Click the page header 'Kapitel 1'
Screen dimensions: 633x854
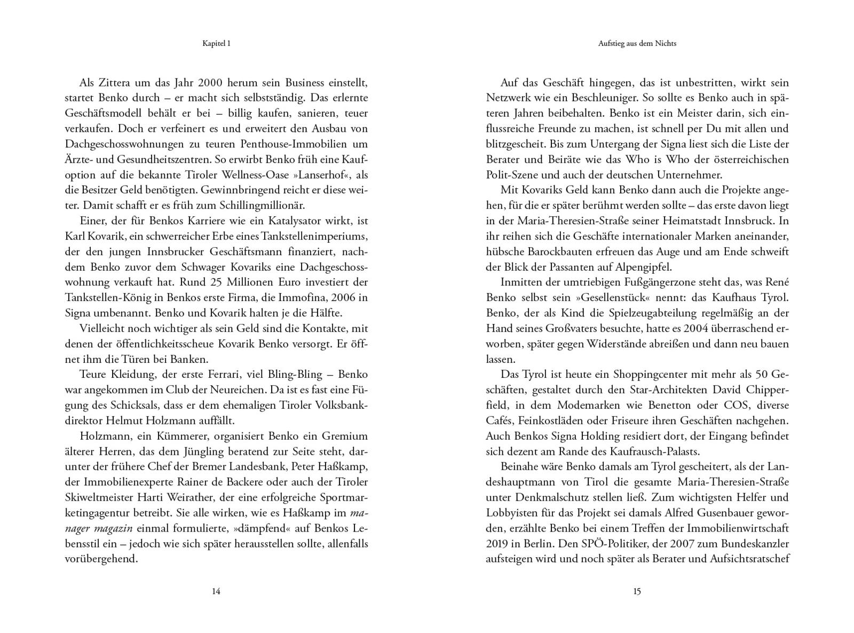(216, 43)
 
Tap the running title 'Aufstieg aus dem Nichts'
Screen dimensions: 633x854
(637, 43)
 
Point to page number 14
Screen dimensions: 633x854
(216, 591)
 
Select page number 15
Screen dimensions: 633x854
(637, 591)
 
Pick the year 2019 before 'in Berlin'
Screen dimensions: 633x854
(497, 543)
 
